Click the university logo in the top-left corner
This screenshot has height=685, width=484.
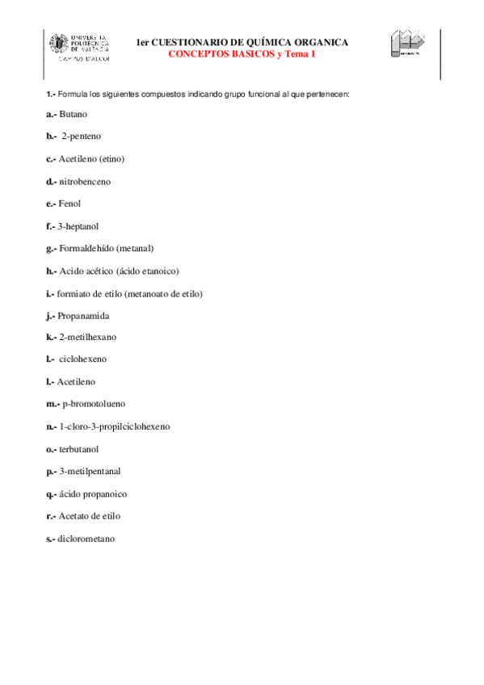(80, 47)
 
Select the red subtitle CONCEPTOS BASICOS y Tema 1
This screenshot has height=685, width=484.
(242, 53)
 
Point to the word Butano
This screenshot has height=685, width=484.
(73, 114)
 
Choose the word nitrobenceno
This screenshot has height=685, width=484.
(85, 182)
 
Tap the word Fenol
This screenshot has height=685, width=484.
(69, 204)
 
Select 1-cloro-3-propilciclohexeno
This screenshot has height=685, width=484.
(115, 426)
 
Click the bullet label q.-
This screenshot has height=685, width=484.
(51, 494)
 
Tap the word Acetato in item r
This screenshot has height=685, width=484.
(74, 515)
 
